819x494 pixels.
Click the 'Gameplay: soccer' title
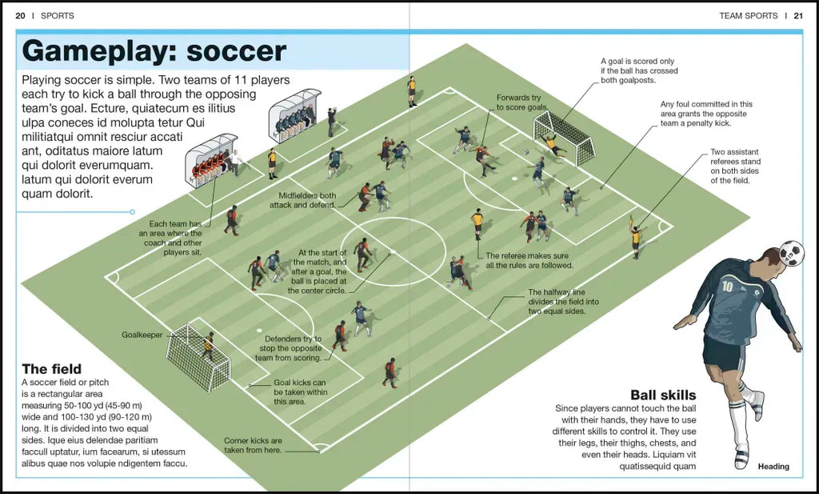[x=154, y=51]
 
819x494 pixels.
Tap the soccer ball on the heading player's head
[x=792, y=253]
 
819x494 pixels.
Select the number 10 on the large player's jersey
[x=727, y=287]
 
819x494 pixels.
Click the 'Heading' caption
[x=773, y=467]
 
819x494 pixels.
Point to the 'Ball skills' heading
[x=662, y=395]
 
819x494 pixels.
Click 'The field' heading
[x=51, y=369]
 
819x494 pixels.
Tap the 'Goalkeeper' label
[x=142, y=334]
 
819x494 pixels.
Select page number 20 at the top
[x=20, y=15]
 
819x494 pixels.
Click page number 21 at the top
[x=797, y=15]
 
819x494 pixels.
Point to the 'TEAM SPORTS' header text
[x=748, y=15]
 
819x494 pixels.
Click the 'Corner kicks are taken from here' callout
[x=253, y=445]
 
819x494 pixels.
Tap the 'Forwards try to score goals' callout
[x=521, y=102]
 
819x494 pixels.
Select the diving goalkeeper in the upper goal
[x=553, y=144]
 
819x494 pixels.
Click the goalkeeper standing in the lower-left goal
[x=208, y=345]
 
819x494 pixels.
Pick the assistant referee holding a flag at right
[x=636, y=236]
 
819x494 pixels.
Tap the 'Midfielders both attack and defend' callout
[x=308, y=200]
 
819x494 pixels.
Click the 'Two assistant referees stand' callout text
[x=734, y=166]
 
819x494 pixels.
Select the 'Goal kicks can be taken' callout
[x=300, y=392]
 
